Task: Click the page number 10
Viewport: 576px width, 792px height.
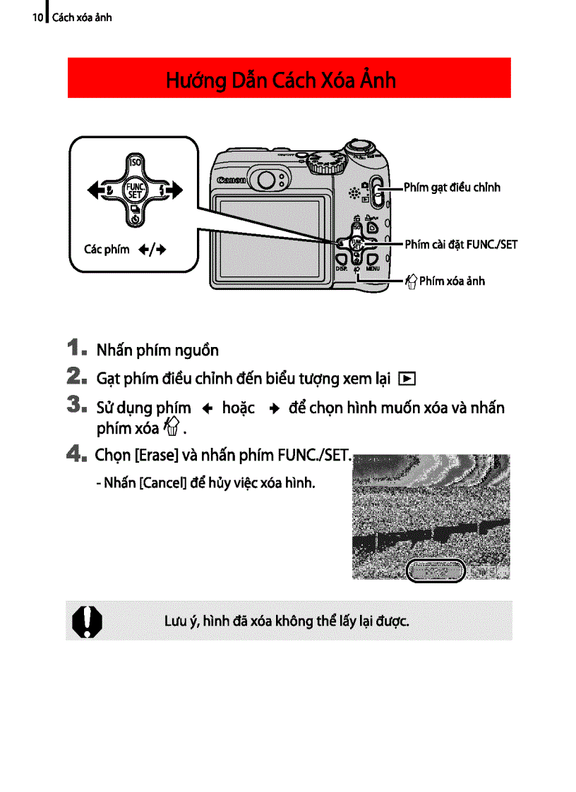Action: [x=37, y=17]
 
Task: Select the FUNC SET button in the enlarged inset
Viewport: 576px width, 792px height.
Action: [x=134, y=190]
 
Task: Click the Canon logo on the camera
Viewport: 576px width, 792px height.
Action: [x=232, y=181]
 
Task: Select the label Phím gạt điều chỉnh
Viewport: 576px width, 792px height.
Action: [x=452, y=188]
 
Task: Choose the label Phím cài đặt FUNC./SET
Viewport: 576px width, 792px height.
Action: [x=461, y=245]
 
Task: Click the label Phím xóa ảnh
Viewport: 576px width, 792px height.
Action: [x=452, y=281]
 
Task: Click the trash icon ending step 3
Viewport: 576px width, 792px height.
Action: [x=169, y=427]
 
